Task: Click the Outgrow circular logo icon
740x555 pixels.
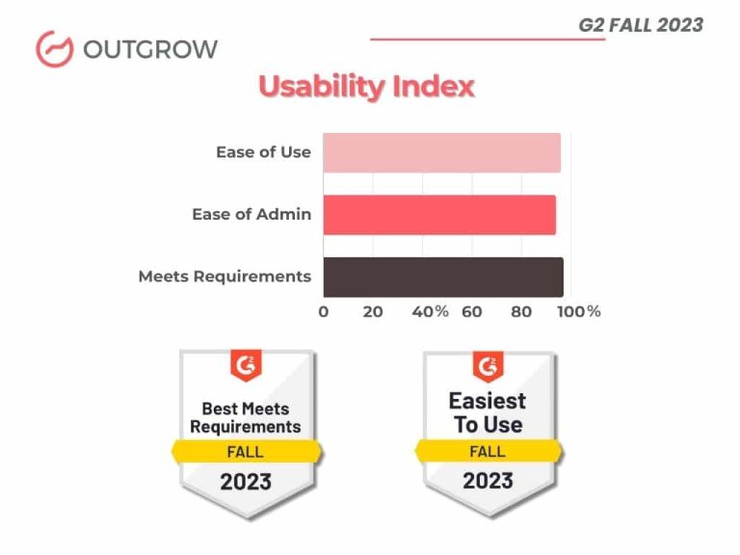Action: [54, 49]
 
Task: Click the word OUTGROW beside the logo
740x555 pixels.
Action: [150, 49]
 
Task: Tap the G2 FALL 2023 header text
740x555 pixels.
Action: [641, 25]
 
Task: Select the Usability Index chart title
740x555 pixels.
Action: [366, 87]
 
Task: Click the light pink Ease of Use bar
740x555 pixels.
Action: [441, 153]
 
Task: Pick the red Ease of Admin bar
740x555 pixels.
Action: [439, 215]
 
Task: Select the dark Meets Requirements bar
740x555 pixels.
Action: [443, 277]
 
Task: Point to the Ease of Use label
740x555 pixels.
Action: [263, 152]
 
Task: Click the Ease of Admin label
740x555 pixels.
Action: [251, 214]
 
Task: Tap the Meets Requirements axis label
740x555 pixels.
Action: [225, 277]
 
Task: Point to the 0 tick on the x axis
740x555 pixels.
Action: [323, 311]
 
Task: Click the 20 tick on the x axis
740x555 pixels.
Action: [373, 311]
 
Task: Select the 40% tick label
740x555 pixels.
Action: [430, 311]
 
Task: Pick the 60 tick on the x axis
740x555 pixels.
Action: [472, 311]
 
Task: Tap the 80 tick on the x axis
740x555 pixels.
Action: [521, 311]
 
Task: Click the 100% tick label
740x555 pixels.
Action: [579, 311]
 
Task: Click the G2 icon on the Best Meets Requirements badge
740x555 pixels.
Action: [246, 367]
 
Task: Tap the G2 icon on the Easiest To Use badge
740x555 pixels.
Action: [489, 367]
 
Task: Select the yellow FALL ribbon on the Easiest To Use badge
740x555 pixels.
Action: [488, 451]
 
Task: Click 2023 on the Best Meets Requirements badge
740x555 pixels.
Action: [246, 481]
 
